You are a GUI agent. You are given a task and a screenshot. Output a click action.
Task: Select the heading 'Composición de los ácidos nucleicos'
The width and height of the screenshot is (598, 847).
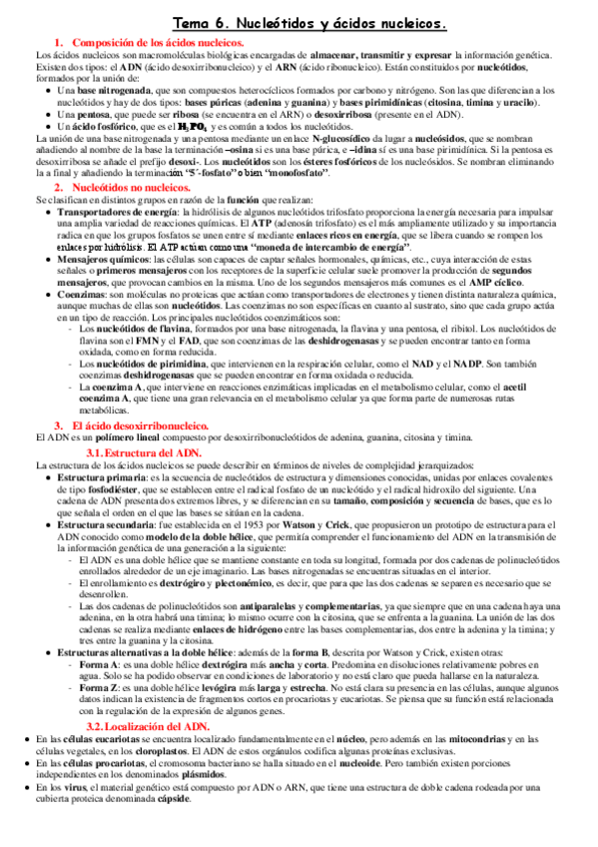tap(159, 43)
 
